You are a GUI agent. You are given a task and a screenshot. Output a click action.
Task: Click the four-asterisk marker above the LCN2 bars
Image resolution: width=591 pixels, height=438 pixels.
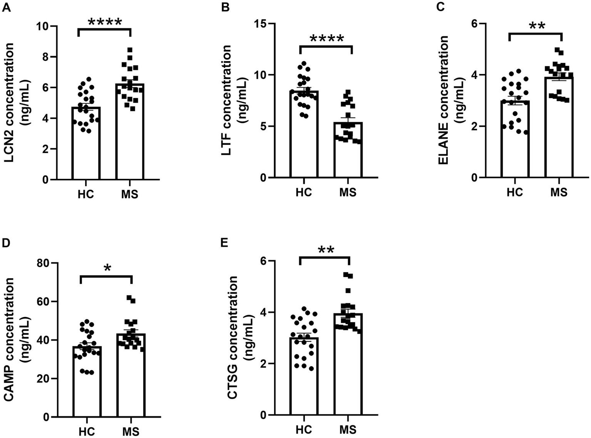[x=104, y=22]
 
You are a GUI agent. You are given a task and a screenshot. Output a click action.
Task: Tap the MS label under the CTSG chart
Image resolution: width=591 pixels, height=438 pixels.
[x=348, y=429]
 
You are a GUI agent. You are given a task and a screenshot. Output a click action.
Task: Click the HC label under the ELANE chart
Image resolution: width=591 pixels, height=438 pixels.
[x=515, y=191]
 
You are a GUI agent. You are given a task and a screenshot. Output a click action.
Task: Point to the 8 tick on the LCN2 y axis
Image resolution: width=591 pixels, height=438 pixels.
[x=45, y=57]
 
